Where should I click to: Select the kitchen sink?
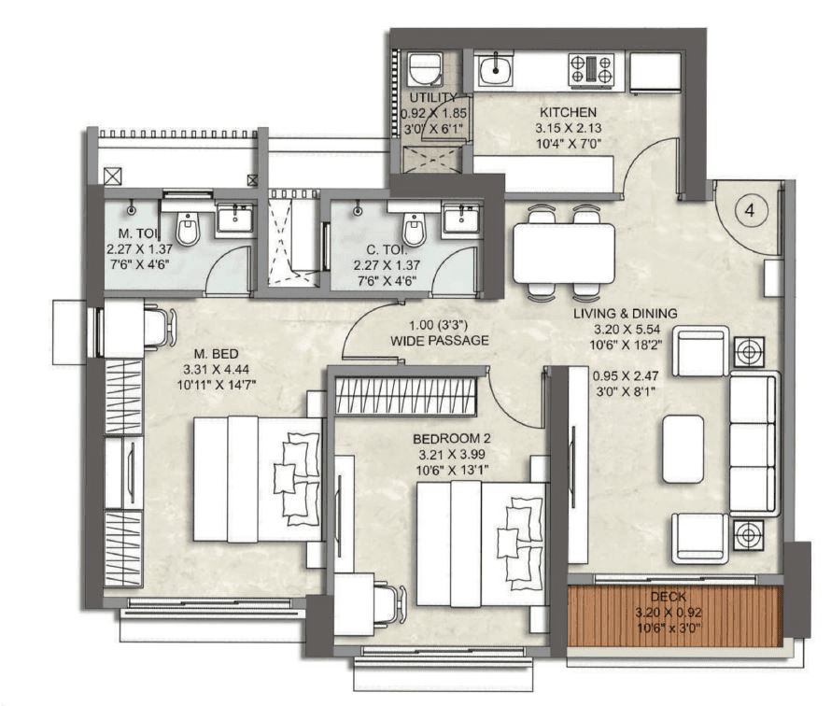494,69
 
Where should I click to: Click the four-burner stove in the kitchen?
592,70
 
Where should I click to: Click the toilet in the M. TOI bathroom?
188,227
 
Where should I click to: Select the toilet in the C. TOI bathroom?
414,227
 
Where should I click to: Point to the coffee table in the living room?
683,447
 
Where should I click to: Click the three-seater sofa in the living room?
754,444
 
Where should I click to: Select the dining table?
564,253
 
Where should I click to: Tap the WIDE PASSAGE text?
440,342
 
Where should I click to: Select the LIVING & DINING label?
625,314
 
